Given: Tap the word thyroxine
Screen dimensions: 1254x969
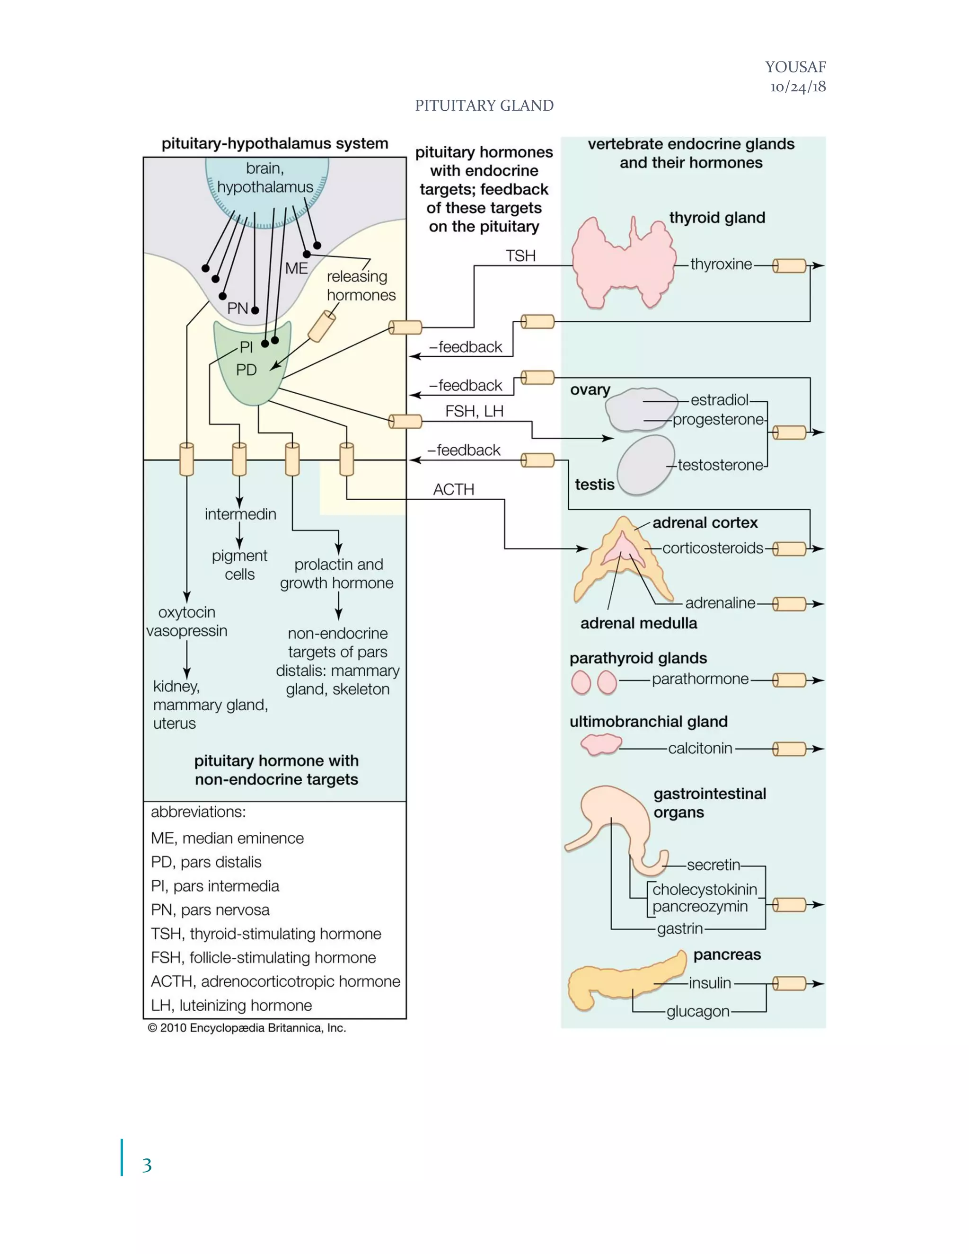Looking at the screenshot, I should tap(721, 265).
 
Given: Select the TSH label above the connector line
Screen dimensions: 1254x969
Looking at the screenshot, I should tap(520, 256).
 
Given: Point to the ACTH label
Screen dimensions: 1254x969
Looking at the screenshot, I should tap(453, 490).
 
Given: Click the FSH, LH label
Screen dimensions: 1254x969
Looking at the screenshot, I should tap(474, 412).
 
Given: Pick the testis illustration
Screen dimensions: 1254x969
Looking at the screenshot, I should tap(645, 465).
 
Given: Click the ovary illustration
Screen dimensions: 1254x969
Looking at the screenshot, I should tap(637, 409).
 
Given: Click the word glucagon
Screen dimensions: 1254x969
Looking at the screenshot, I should tap(697, 1011).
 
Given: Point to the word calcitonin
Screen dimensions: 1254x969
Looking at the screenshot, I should tap(700, 748).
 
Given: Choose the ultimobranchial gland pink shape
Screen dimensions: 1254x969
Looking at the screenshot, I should tap(600, 745).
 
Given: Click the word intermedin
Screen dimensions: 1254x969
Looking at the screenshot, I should tap(240, 514).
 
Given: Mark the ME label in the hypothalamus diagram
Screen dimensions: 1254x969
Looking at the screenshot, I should tap(296, 269).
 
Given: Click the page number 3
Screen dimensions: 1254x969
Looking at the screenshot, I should tap(147, 1165).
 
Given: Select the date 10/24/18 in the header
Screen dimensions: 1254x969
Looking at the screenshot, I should tap(798, 87).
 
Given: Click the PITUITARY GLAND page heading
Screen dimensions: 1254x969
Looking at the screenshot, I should tap(484, 106).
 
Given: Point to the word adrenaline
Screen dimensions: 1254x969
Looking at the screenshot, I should tap(720, 603).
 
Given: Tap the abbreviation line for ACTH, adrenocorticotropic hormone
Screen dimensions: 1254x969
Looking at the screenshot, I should tap(275, 981).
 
